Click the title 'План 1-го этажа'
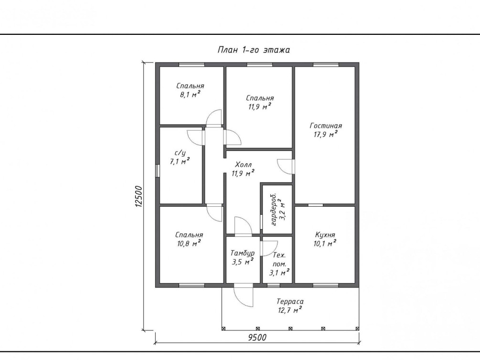tap(254, 50)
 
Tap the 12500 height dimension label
tap(139, 197)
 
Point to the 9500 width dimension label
tap(257, 338)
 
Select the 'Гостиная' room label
tap(326, 126)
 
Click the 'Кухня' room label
tap(325, 235)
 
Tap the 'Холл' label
tap(244, 164)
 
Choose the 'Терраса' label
tap(290, 302)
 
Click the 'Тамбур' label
tap(243, 253)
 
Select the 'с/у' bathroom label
tap(180, 153)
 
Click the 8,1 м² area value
tap(190, 94)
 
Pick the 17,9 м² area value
tap(326, 134)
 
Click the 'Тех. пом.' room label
tap(279, 259)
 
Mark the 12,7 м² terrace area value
tap(290, 310)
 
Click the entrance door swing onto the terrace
tap(244, 296)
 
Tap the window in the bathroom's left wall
tap(157, 171)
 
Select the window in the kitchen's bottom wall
tap(326, 286)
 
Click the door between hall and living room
tap(286, 167)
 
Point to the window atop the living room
tap(326, 64)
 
